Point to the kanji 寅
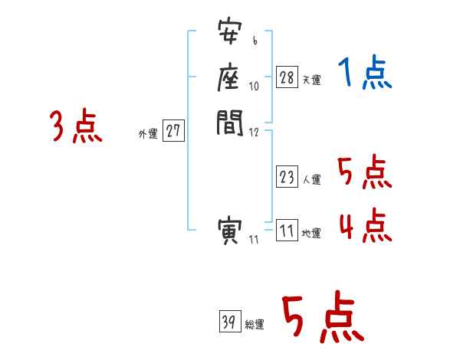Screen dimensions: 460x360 click(230, 231)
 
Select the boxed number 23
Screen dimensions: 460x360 click(287, 177)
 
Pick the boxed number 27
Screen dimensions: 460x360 click(173, 132)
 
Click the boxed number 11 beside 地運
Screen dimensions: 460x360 click(287, 231)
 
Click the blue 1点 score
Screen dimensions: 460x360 click(365, 74)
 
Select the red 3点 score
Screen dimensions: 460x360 click(76, 126)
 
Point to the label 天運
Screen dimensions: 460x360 click(311, 80)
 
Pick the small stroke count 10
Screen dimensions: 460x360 click(255, 86)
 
